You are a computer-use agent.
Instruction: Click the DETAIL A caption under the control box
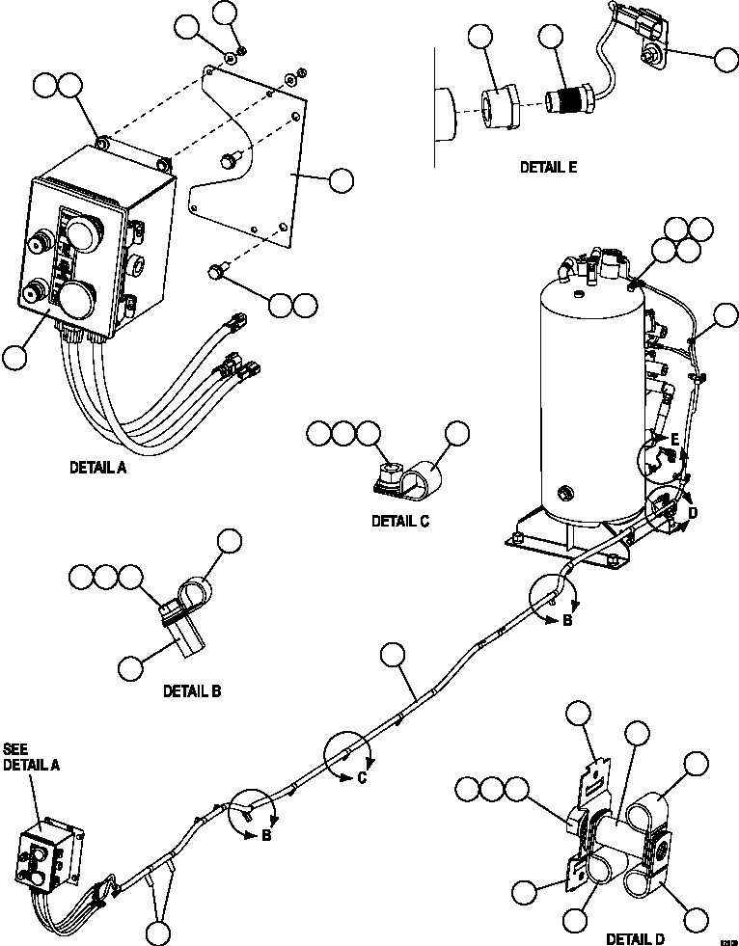[97, 469]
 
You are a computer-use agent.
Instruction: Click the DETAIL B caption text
[192, 690]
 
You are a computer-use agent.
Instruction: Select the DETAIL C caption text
[400, 521]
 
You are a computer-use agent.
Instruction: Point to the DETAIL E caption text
[548, 167]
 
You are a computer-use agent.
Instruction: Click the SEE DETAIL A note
[32, 756]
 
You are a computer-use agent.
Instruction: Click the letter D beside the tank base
[692, 514]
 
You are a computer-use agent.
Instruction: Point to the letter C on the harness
[363, 779]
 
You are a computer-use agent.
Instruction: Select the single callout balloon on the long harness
[393, 656]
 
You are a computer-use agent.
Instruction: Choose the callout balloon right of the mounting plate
[341, 180]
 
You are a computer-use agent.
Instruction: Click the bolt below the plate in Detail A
[216, 274]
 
